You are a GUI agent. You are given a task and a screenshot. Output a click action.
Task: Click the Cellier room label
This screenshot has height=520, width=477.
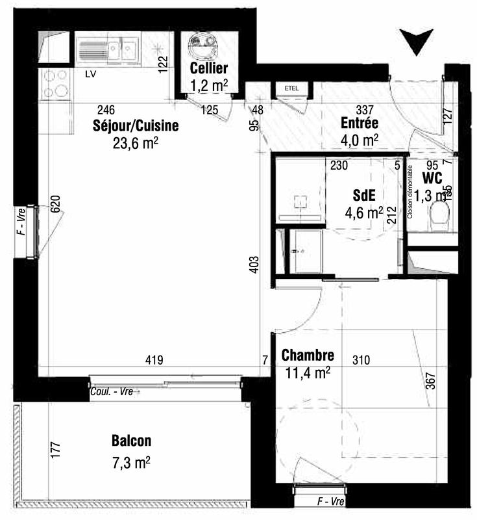coord(208,68)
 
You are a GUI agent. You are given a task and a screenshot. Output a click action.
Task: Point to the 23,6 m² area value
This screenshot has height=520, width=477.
coord(136,142)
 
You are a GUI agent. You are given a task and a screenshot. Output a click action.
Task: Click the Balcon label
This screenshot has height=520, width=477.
coord(131,441)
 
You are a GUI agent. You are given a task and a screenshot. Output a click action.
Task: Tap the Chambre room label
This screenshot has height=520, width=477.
coord(308,356)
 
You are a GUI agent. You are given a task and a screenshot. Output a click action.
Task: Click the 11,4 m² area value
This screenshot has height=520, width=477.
coord(308,372)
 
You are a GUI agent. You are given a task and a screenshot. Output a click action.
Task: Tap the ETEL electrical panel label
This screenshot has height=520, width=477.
coord(290,88)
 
